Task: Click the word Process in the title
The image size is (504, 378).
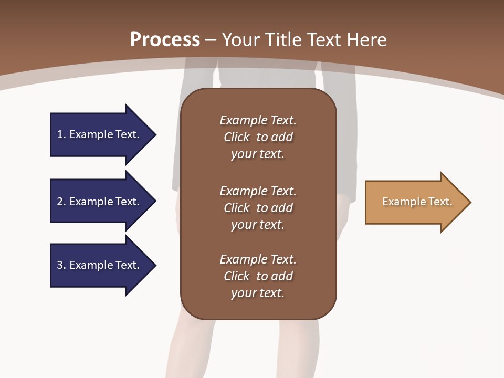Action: tap(165, 40)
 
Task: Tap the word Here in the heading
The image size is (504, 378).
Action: tap(367, 40)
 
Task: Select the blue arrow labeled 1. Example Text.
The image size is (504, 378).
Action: tap(100, 134)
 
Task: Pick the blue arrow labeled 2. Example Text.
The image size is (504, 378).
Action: tap(100, 202)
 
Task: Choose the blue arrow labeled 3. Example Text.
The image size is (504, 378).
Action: tap(100, 265)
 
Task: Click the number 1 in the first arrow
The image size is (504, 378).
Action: tap(60, 134)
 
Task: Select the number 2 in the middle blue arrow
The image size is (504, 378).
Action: tap(60, 202)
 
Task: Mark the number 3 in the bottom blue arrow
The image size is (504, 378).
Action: tap(60, 265)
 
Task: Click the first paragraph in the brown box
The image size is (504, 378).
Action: tap(258, 137)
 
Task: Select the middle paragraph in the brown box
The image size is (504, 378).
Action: tap(258, 208)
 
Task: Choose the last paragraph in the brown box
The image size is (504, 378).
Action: tap(258, 276)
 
